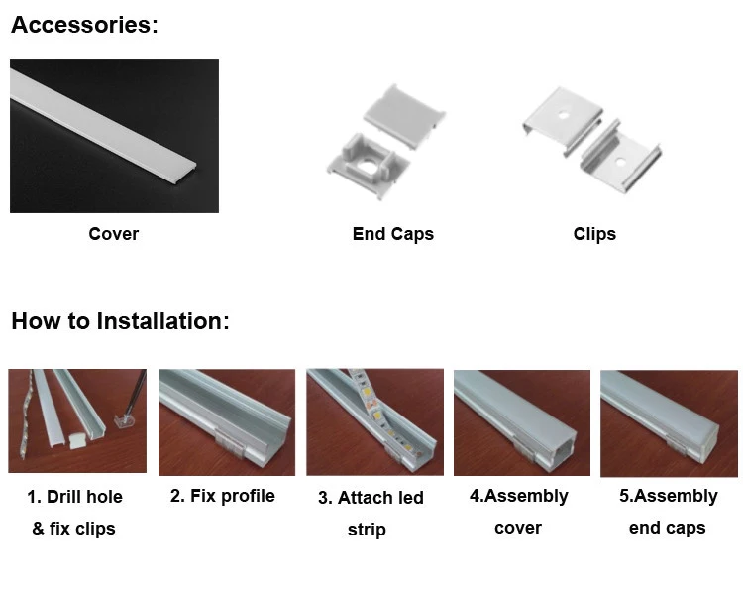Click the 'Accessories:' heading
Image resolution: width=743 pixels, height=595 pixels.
(84, 26)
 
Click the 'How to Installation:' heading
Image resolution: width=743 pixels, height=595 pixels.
(120, 321)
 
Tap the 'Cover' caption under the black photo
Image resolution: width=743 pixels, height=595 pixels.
(113, 234)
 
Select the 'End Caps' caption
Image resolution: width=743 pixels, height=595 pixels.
(392, 234)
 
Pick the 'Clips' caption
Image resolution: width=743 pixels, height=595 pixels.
(594, 234)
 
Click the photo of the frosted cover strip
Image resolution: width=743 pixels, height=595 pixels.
(113, 135)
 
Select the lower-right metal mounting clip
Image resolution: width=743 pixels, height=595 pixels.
(621, 154)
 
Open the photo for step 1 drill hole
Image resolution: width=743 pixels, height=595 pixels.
(77, 420)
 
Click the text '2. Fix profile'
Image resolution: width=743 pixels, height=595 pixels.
(222, 496)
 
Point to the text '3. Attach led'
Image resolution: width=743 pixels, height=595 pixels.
(371, 498)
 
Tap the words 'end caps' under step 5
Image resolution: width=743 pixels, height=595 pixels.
(667, 528)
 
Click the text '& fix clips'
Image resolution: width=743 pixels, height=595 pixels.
(74, 529)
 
